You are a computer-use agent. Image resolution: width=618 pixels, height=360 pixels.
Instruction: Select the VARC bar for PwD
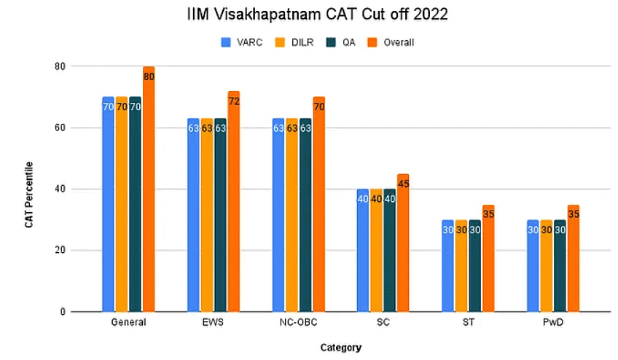tap(533, 265)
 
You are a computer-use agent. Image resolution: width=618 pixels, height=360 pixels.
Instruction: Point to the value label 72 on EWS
tap(234, 101)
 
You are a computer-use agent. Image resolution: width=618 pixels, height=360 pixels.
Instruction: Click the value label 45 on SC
tap(404, 184)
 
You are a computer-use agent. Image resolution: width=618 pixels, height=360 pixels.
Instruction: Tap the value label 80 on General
tap(149, 77)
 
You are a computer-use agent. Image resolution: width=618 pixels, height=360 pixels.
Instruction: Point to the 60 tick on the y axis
tap(59, 128)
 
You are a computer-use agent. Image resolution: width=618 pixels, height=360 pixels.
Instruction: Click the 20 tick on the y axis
tap(59, 250)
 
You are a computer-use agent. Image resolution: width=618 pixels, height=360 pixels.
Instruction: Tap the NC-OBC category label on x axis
tap(298, 323)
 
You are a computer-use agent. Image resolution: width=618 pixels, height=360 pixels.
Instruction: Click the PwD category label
tap(553, 323)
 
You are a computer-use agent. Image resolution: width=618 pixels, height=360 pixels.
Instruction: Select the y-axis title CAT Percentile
tap(29, 189)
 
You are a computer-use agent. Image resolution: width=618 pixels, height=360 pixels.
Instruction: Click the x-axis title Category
tap(340, 348)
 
